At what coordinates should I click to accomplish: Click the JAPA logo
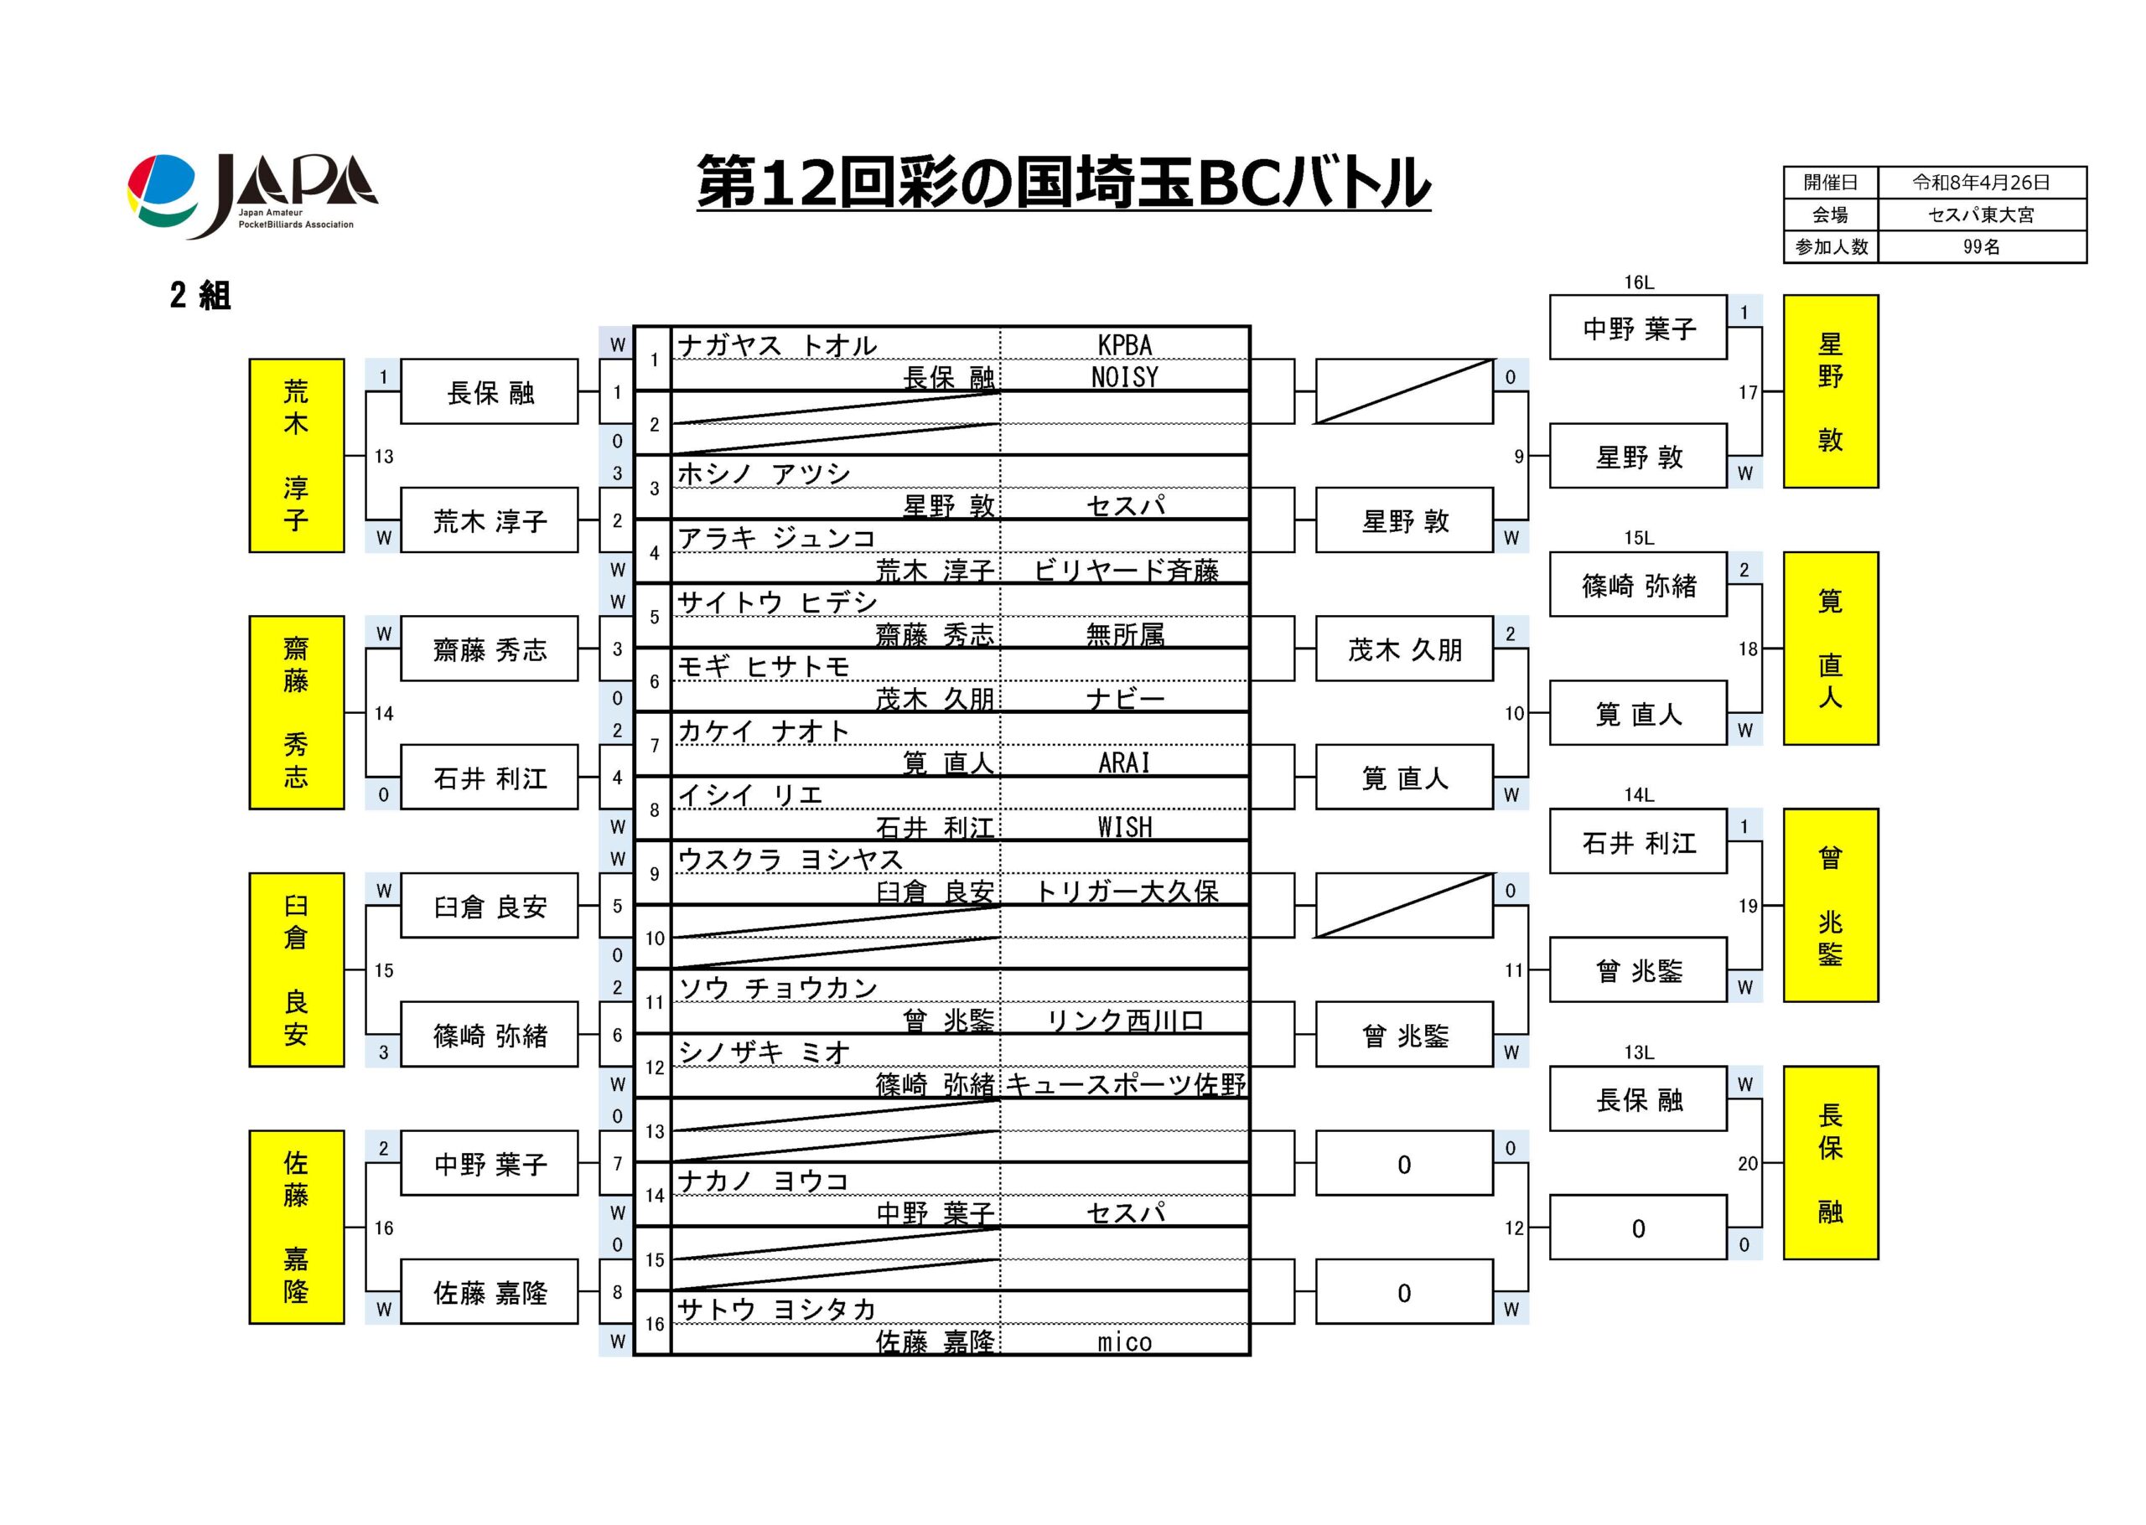pos(251,196)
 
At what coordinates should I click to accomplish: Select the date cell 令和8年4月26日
pos(1981,182)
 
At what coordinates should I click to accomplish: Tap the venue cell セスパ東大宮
pos(1981,215)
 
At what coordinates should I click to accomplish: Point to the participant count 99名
pos(1981,247)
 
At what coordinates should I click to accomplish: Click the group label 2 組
pos(200,296)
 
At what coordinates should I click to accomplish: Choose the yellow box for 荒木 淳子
pos(296,456)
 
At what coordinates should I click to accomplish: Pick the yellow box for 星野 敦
pos(1829,391)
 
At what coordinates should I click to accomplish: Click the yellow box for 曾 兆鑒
pos(1829,905)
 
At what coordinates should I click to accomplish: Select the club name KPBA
pos(1124,345)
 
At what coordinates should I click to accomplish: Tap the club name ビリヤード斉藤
pos(1125,570)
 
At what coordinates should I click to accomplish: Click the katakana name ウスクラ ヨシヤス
pos(790,859)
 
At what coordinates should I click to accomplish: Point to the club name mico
pos(1124,1341)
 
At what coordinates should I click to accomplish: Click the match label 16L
pos(1639,282)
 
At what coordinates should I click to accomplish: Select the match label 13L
pos(1639,1052)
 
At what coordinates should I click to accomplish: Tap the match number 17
pos(1747,392)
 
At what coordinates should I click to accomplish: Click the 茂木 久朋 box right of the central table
pos(1404,649)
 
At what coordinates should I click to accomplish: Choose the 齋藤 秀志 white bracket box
pos(490,649)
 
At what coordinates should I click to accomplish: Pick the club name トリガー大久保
pos(1125,892)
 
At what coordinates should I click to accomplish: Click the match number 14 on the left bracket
pos(384,714)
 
